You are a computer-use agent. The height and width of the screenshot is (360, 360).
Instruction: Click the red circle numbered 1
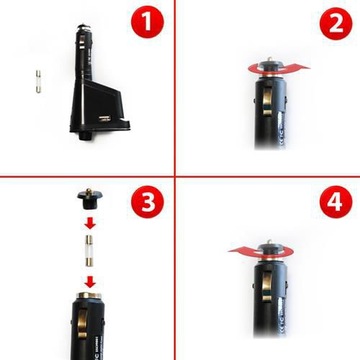click(x=147, y=22)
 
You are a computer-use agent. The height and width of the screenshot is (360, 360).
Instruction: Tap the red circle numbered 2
click(x=336, y=24)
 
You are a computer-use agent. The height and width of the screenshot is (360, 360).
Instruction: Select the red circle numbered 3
click(x=147, y=202)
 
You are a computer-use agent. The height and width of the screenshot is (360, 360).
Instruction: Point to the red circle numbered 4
click(x=336, y=202)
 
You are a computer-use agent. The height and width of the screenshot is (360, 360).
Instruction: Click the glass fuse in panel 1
click(x=38, y=82)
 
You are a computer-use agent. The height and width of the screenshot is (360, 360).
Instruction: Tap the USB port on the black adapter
click(x=105, y=118)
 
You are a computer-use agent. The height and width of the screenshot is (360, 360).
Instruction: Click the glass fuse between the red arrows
click(x=89, y=251)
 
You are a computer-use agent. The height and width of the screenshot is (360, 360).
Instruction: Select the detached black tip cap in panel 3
click(x=90, y=199)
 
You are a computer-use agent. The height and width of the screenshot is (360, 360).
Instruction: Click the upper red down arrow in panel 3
click(x=90, y=223)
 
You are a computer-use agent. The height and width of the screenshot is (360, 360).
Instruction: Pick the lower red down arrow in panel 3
click(x=90, y=283)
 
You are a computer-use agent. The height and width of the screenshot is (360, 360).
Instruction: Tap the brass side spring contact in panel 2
click(x=268, y=99)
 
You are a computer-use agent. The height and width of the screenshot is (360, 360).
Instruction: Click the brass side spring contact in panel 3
click(x=82, y=323)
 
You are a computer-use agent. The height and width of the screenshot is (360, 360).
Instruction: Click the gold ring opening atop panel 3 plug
click(x=89, y=295)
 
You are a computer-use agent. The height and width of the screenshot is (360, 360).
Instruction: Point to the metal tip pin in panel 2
click(x=270, y=59)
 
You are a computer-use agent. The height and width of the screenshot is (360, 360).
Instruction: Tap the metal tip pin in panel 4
click(x=270, y=242)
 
